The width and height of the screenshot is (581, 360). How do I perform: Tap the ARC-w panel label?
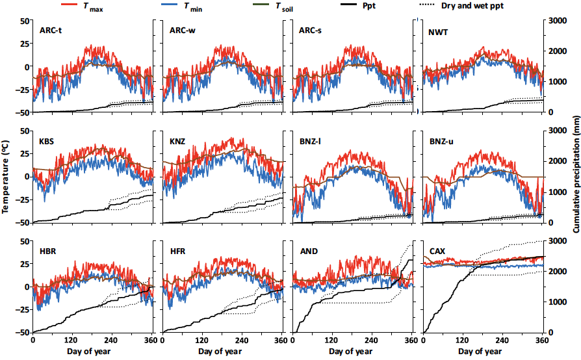pos(182,31)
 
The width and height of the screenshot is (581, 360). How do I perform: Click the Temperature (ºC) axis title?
pos(6,175)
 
